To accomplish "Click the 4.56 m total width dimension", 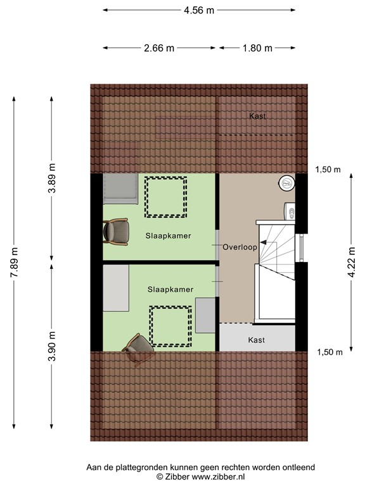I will point(198,10).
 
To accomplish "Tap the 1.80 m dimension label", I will point(257,48).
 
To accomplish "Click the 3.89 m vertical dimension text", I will point(53,178).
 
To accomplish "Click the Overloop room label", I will point(240,247).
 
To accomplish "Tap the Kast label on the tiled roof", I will point(257,116).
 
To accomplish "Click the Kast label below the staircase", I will point(257,340).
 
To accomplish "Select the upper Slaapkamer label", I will point(169,235).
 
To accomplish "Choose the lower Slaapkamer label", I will point(170,289).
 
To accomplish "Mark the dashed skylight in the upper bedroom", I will point(166,196).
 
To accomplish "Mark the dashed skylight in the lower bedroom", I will point(171,325).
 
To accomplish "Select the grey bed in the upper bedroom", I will point(120,189).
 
